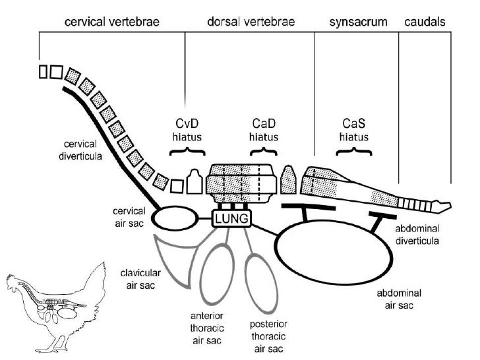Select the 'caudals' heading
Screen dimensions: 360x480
coord(423,22)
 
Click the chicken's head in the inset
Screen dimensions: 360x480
coord(15,285)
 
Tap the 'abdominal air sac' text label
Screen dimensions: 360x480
coord(399,299)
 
